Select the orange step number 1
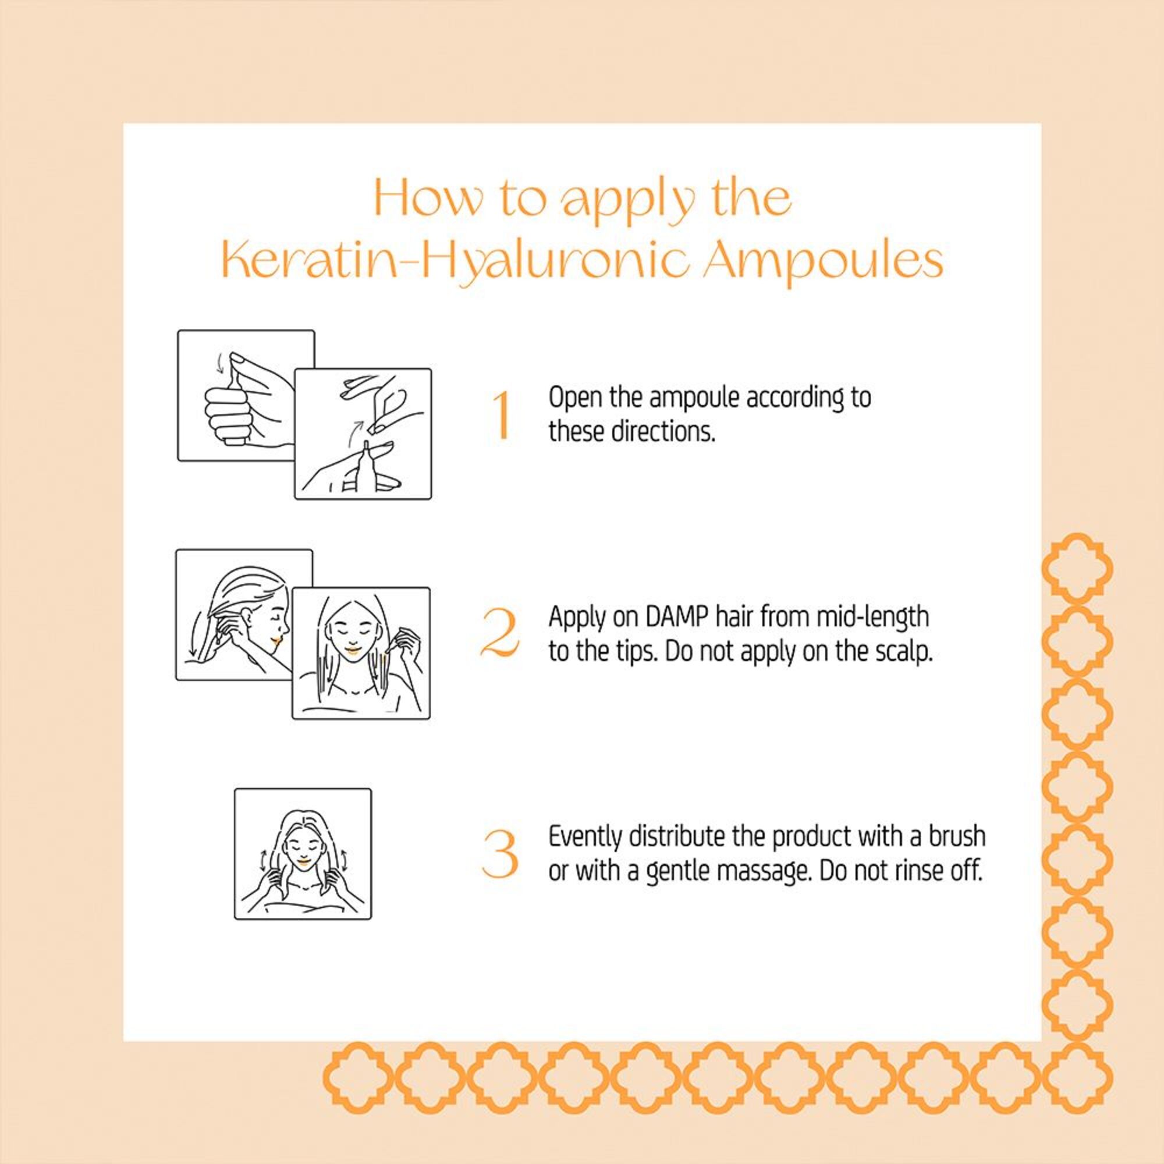pyautogui.click(x=501, y=415)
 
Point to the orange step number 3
pyautogui.click(x=500, y=854)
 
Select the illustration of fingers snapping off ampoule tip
pyautogui.click(x=363, y=434)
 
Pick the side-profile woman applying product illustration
pyautogui.click(x=244, y=615)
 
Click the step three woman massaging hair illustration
pyautogui.click(x=303, y=854)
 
